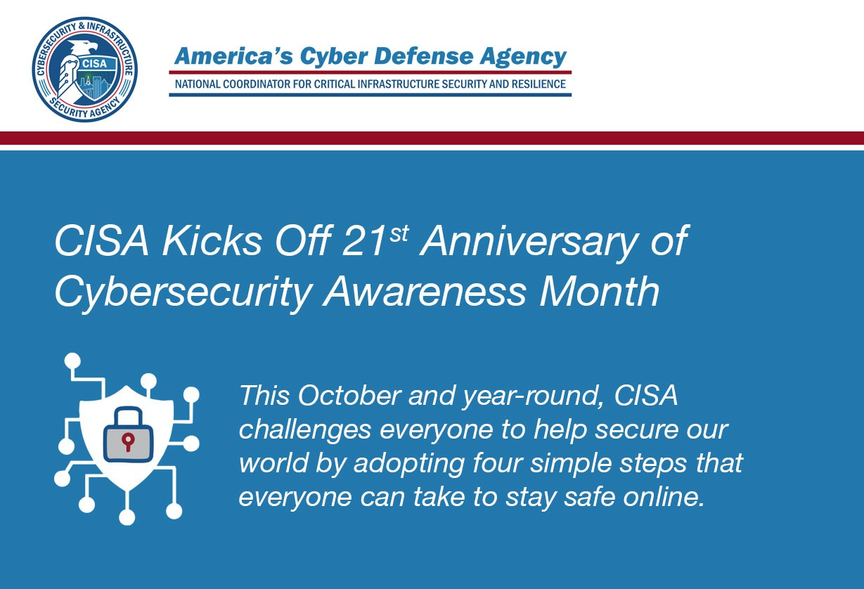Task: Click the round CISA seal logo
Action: coord(84,69)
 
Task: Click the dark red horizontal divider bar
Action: coord(432,138)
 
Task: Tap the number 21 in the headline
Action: coord(365,242)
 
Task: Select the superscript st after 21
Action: coord(399,233)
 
